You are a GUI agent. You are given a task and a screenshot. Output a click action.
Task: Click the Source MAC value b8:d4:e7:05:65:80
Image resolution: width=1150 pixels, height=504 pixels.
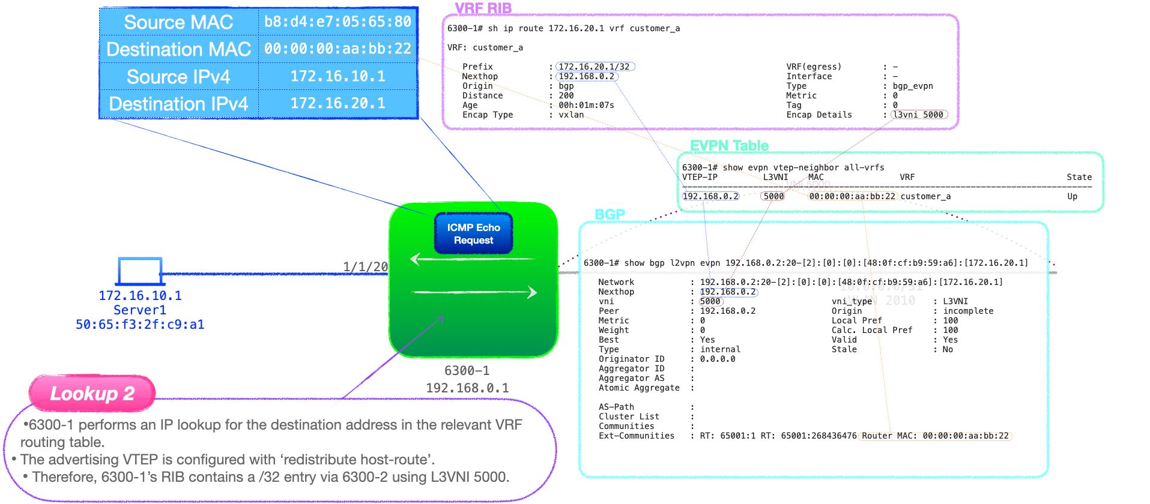[337, 22]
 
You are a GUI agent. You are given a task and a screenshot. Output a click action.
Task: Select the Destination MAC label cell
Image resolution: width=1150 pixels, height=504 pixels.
[178, 49]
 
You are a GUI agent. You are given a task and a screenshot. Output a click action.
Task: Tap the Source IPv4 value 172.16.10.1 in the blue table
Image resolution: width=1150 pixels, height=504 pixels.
[337, 76]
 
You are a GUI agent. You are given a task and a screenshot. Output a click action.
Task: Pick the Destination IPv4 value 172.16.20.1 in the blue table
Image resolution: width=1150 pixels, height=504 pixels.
[337, 103]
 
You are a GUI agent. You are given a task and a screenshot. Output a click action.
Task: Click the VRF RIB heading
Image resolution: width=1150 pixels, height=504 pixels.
[483, 8]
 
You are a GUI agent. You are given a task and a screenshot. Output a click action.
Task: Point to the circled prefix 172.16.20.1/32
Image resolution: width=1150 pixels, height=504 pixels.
[595, 67]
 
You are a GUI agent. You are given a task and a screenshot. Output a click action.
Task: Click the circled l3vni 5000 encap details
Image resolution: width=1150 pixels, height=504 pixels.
[919, 115]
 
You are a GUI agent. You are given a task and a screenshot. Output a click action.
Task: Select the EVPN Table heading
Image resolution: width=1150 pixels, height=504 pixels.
[729, 146]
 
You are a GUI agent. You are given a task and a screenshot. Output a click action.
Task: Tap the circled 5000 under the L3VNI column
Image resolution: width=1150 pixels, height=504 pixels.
[773, 196]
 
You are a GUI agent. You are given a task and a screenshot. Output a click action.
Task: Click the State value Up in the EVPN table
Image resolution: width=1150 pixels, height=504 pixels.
[1072, 196]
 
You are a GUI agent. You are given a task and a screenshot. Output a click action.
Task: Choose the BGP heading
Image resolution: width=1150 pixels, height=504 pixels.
[610, 214]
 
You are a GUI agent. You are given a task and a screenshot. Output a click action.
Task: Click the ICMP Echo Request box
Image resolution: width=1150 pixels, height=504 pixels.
[473, 233]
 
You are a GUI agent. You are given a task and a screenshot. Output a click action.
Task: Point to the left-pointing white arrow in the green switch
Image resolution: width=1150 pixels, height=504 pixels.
[472, 259]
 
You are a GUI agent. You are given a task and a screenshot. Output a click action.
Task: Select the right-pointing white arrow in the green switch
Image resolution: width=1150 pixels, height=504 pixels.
[474, 293]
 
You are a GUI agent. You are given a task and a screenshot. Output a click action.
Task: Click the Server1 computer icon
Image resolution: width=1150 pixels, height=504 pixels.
[140, 271]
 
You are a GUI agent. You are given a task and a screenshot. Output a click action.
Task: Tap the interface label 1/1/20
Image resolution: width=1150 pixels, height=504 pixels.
[365, 266]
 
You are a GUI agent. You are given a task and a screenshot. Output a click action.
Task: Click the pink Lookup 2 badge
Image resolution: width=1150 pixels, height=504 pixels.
[92, 394]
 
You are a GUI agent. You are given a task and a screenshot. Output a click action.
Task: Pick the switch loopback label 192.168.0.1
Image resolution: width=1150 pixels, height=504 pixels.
[467, 388]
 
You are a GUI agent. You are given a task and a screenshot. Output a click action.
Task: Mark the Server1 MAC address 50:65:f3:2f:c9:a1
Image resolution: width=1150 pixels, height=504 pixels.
[140, 325]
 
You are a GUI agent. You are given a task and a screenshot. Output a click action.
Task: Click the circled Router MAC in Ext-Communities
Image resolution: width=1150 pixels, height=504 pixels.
[936, 436]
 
